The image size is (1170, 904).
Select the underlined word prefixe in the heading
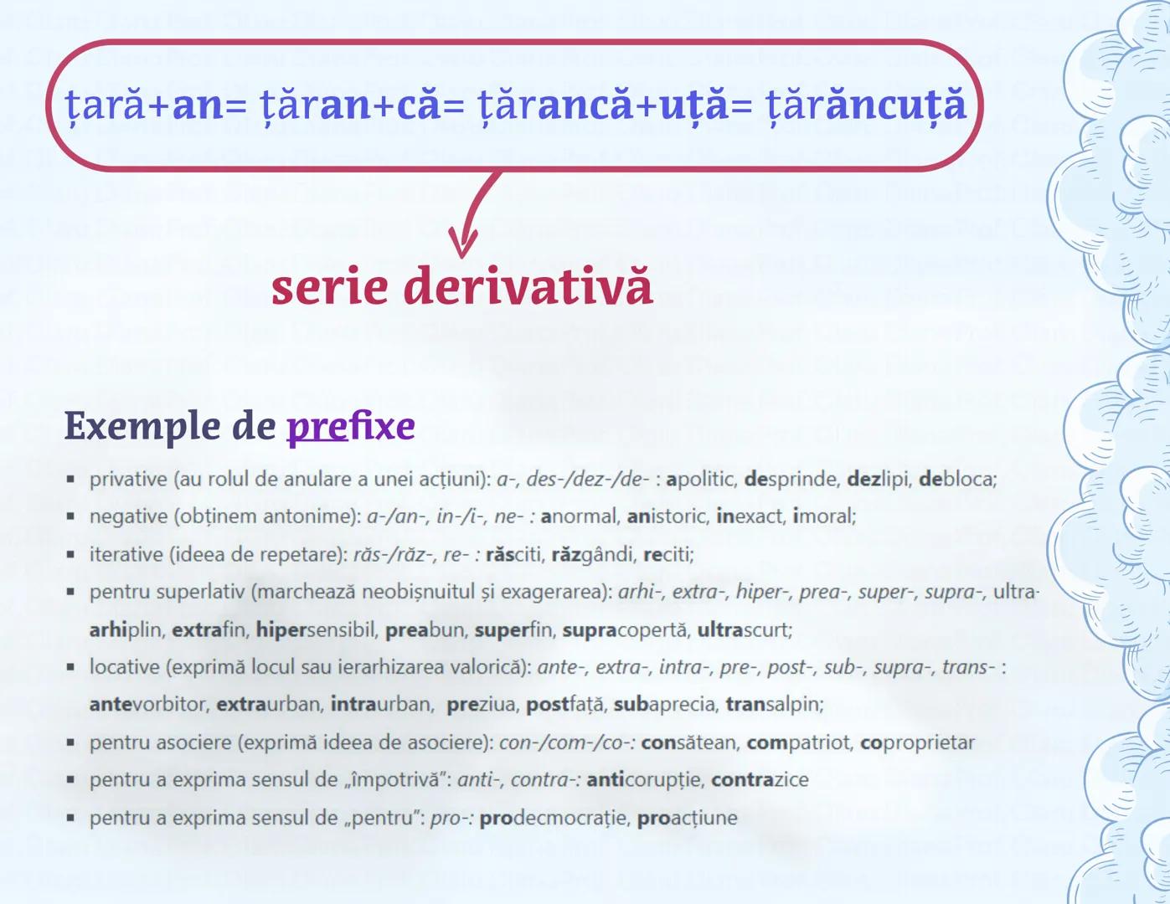tap(350, 426)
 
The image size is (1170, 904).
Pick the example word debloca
tap(957, 480)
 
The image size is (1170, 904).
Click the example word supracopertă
tap(624, 629)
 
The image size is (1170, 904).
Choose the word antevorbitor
tap(147, 705)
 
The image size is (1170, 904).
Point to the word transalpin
tap(774, 705)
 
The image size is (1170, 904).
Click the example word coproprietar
tap(917, 742)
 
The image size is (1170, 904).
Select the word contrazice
tap(760, 780)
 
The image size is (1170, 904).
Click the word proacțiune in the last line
tap(687, 818)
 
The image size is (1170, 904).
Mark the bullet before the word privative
tap(71, 480)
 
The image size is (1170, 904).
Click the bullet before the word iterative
tap(71, 554)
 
